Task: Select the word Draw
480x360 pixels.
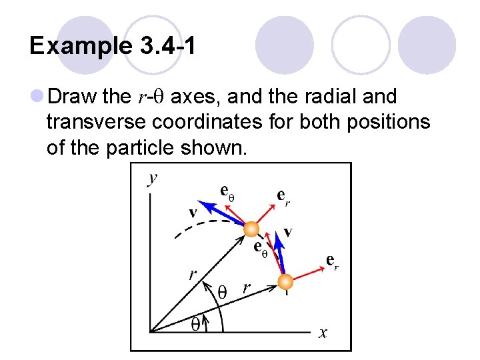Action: point(73,97)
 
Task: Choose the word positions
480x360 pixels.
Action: point(389,123)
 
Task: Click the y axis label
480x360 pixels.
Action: point(153,177)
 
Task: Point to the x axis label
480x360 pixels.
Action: point(323,333)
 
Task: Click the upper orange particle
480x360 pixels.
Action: point(251,229)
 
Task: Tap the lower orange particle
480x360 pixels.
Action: point(285,281)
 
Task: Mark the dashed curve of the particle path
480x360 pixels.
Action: point(193,227)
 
